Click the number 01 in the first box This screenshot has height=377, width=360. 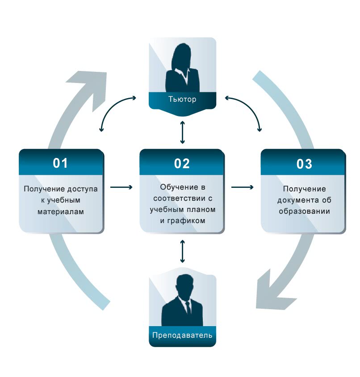tap(60, 163)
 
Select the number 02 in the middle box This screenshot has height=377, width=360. tap(182, 163)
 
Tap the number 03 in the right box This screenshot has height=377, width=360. tap(304, 164)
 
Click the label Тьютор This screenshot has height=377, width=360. tap(182, 99)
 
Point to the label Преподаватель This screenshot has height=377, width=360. tap(182, 335)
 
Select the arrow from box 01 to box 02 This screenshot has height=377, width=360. tap(121, 187)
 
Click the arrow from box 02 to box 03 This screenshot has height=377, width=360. tap(243, 187)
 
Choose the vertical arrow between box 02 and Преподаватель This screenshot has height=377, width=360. tap(182, 251)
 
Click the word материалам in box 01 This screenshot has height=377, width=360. tap(60, 211)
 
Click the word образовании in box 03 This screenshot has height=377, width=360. tap(304, 211)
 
